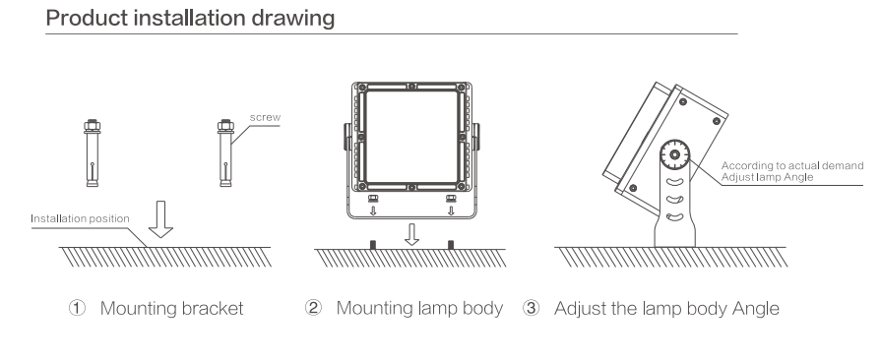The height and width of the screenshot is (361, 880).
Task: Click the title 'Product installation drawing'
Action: [x=190, y=18]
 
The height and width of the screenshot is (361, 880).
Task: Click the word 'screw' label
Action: [x=265, y=117]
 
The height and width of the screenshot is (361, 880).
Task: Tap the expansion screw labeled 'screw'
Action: [x=225, y=153]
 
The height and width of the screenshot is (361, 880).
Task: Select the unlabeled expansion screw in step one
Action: [x=93, y=153]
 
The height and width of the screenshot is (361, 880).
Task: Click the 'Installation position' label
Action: [x=81, y=218]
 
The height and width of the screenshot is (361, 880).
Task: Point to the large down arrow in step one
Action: [x=160, y=218]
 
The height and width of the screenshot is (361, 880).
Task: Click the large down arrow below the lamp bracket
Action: [x=411, y=234]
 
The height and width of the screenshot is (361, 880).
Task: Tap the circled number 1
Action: [x=77, y=308]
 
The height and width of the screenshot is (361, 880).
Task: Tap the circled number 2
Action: [x=313, y=308]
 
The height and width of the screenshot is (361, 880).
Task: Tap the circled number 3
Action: [x=531, y=308]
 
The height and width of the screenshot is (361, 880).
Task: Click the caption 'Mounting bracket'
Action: [x=171, y=308]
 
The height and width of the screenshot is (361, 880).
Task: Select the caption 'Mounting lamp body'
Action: [x=419, y=308]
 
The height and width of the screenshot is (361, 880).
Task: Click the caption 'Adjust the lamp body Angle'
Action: [x=666, y=308]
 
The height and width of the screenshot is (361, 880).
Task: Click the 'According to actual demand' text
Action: [x=791, y=166]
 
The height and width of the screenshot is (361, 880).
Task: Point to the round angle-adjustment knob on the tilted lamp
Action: [x=674, y=154]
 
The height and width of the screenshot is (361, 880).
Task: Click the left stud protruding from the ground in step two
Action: [x=372, y=244]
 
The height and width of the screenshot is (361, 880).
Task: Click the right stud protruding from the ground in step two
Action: [x=450, y=244]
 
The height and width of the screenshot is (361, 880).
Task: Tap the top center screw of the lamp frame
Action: [x=411, y=87]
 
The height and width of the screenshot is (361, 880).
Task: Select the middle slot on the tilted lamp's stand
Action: [x=674, y=199]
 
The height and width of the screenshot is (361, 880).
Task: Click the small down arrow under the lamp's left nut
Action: [x=373, y=211]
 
